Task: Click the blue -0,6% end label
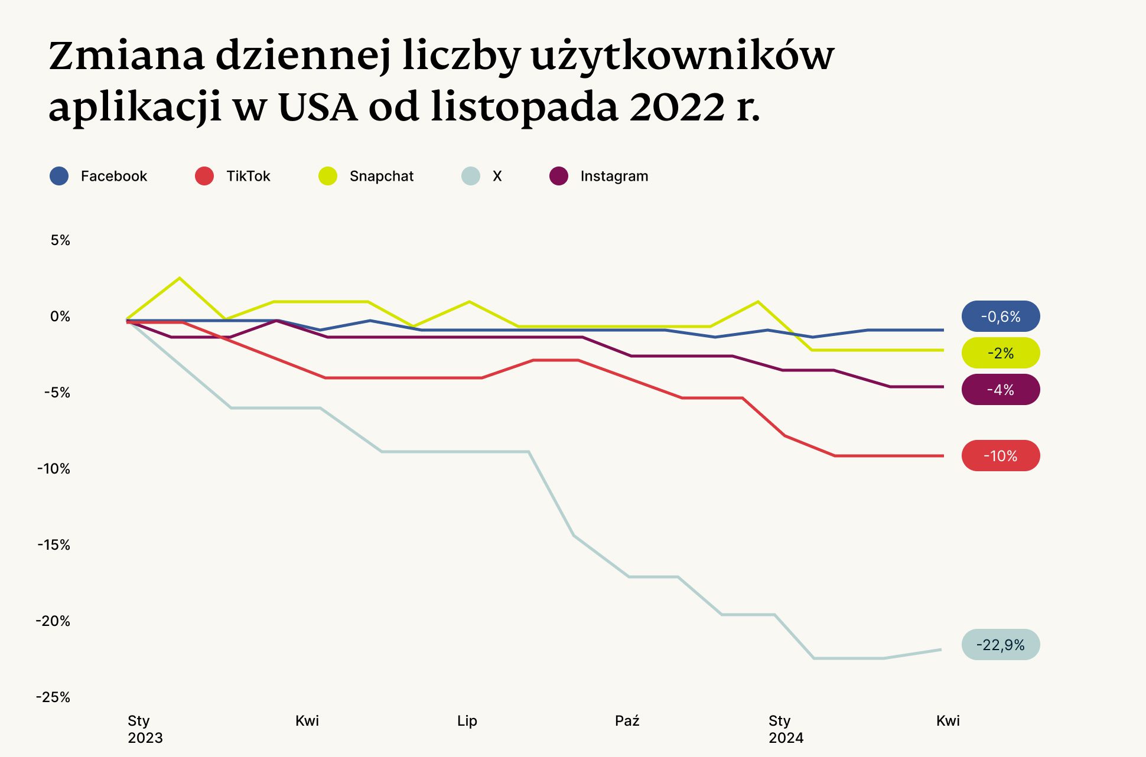coord(1000,316)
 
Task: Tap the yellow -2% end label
coord(1000,353)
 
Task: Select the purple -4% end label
coord(1000,390)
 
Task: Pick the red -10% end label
coord(1000,456)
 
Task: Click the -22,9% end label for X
coord(1000,645)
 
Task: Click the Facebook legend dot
coord(59,176)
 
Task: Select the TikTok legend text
coord(248,176)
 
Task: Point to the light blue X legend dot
coord(470,176)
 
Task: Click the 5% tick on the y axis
coord(60,240)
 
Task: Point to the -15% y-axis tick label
coord(54,545)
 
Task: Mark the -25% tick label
coord(53,697)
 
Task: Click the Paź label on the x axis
coord(627,721)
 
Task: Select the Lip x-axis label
coord(467,721)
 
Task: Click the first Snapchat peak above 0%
coord(180,278)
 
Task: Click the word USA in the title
coord(317,107)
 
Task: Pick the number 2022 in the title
coord(676,107)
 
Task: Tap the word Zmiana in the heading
coord(126,56)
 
